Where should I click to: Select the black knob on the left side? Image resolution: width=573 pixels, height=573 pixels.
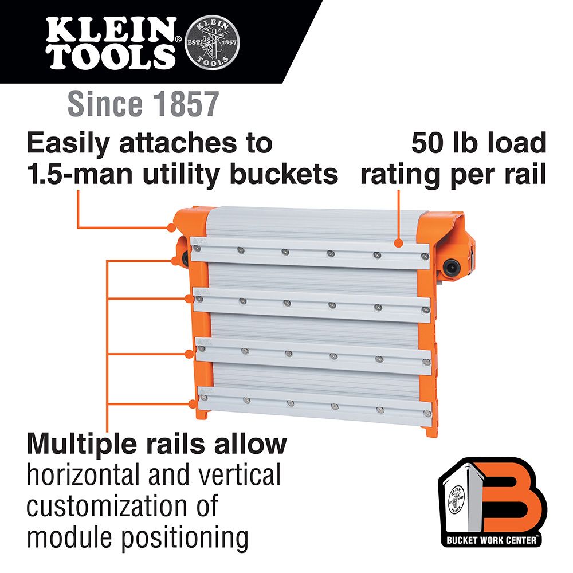[x=185, y=259]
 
